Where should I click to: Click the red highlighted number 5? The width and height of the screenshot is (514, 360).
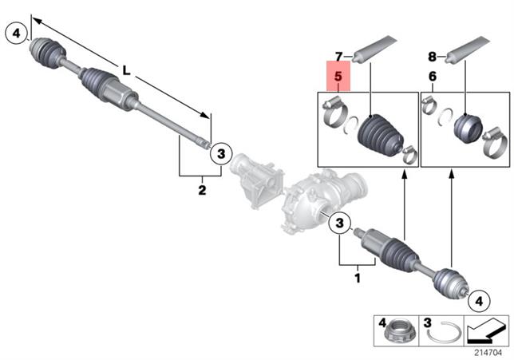[338, 78]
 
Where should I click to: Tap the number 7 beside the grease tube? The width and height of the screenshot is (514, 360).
[338, 57]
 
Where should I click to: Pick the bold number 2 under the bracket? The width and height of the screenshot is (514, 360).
[202, 190]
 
